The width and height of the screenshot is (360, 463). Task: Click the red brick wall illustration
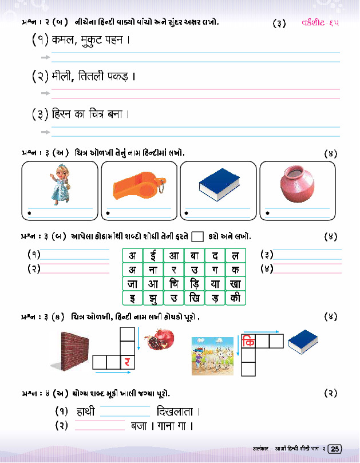pos(74,350)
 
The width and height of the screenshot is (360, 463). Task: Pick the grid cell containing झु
pos(153,298)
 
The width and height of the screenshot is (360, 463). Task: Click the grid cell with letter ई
pos(153,255)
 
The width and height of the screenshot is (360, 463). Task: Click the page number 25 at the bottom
pos(335,449)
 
